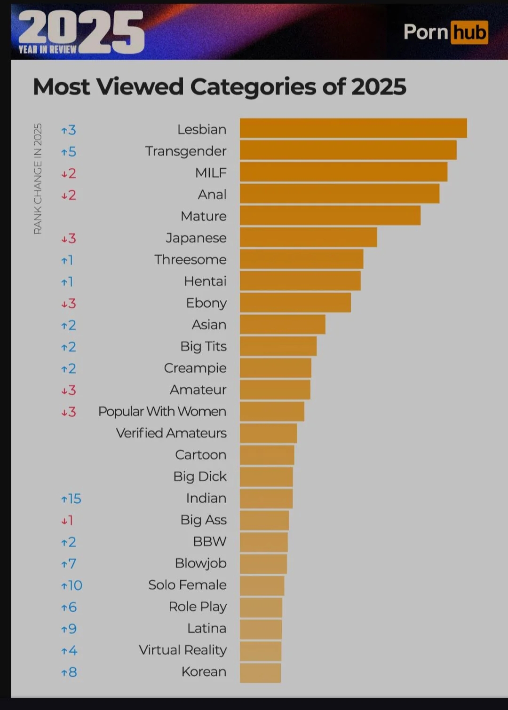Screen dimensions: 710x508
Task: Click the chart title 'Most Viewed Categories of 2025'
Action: coord(219,87)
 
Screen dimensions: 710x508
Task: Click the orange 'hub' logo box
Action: coord(469,32)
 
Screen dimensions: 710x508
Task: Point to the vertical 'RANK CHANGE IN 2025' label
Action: coord(38,179)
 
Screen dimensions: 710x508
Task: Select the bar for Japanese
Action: coord(308,237)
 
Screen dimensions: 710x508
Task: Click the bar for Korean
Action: coord(260,673)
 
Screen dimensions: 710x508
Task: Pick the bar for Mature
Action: coord(330,216)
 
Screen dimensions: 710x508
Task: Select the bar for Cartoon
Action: coord(267,455)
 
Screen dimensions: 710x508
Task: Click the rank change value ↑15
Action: coord(71,499)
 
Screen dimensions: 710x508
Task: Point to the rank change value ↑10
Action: coord(71,585)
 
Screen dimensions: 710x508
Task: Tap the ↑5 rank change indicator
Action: coord(69,152)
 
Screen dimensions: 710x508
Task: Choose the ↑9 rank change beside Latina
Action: coord(69,629)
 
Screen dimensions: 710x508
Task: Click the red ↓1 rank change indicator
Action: coord(67,520)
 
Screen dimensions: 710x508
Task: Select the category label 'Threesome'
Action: coord(190,259)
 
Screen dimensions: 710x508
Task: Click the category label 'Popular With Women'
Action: coord(162,412)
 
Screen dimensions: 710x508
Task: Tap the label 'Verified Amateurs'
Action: coord(171,433)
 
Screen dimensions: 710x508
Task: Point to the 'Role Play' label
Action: coord(198,607)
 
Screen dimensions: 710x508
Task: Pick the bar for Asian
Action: coord(282,324)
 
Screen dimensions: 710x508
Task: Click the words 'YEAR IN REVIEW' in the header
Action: coord(48,49)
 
